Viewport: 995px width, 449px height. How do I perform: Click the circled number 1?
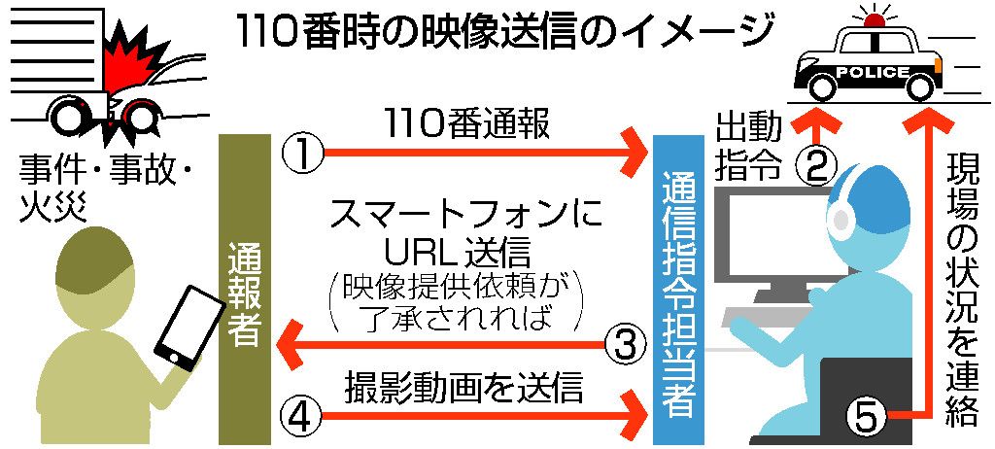[x=300, y=153]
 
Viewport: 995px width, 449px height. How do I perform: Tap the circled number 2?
[x=816, y=166]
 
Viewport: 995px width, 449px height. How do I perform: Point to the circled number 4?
[x=300, y=417]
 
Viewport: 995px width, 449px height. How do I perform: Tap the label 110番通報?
[x=467, y=123]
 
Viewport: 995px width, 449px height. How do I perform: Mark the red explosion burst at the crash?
[x=131, y=58]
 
